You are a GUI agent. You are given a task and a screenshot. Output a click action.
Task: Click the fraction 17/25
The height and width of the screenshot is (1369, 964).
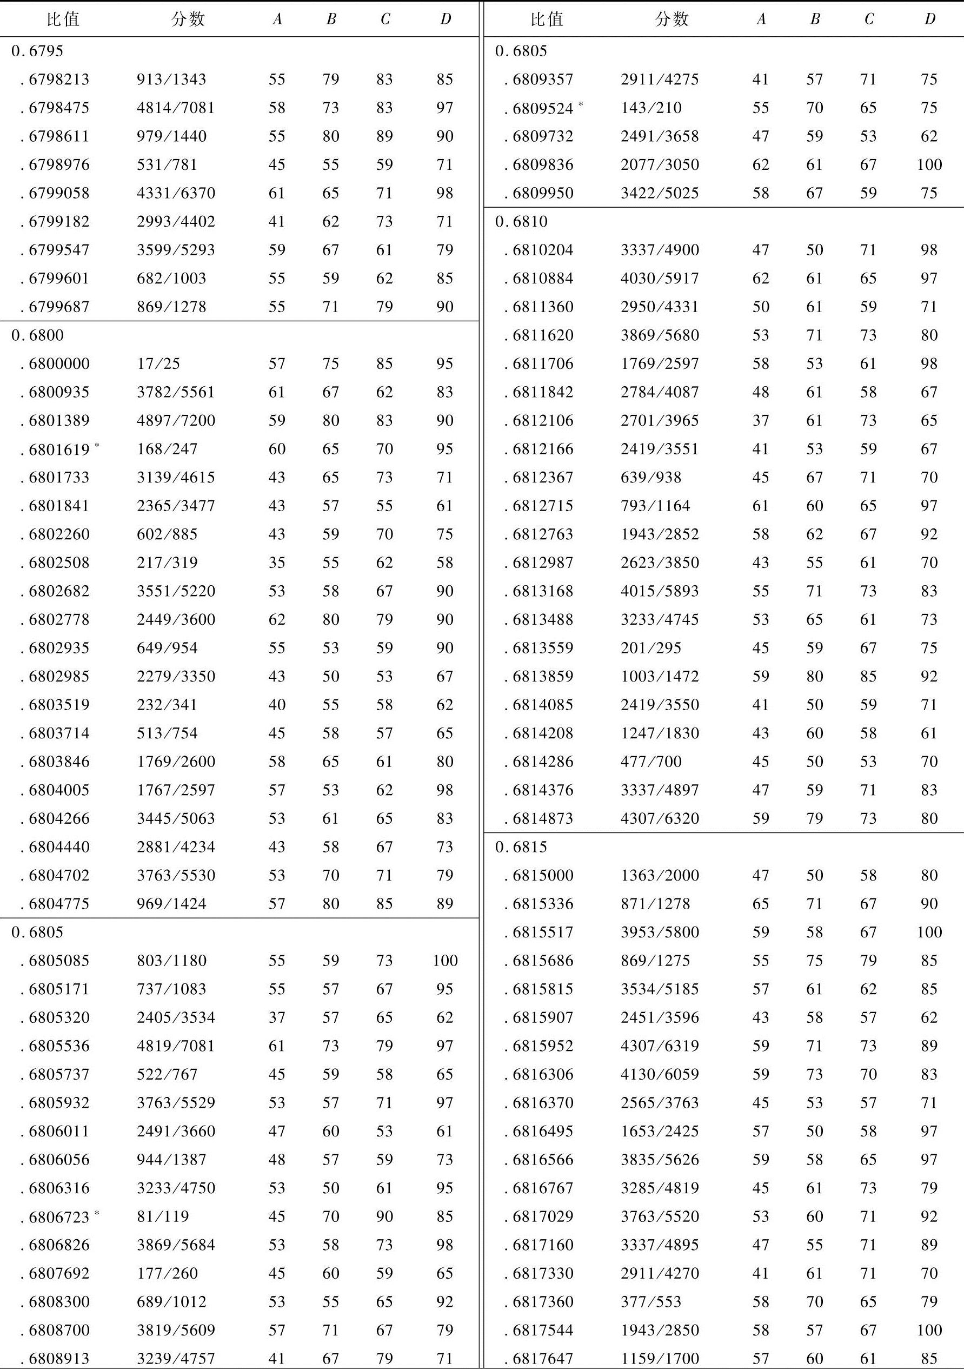pyautogui.click(x=158, y=363)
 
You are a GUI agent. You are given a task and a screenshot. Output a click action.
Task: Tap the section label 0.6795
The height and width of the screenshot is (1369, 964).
pyautogui.click(x=37, y=51)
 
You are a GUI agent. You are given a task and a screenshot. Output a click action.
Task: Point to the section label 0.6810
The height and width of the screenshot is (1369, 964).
pyautogui.click(x=521, y=222)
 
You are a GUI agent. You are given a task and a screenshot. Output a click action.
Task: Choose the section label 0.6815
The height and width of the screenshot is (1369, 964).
pyautogui.click(x=521, y=847)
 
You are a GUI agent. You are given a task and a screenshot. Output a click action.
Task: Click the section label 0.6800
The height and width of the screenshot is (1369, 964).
pyautogui.click(x=37, y=336)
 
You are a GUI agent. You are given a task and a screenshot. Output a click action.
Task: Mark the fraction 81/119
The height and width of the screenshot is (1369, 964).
pyautogui.click(x=163, y=1216)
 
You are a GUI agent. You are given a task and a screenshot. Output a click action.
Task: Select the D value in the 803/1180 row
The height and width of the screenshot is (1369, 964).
pyautogui.click(x=445, y=961)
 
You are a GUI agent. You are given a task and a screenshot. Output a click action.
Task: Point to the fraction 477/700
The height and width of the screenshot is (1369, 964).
pyautogui.click(x=650, y=762)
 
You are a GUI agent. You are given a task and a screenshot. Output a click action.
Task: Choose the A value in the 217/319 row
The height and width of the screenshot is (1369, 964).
pyautogui.click(x=277, y=563)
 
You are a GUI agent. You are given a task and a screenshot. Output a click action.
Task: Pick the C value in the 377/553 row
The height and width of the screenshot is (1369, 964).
pyautogui.click(x=868, y=1301)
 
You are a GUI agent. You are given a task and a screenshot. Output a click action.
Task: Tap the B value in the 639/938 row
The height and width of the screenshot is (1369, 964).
pyautogui.click(x=814, y=478)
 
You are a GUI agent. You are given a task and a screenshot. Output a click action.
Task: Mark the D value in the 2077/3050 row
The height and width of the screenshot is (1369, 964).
pyautogui.click(x=929, y=165)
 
